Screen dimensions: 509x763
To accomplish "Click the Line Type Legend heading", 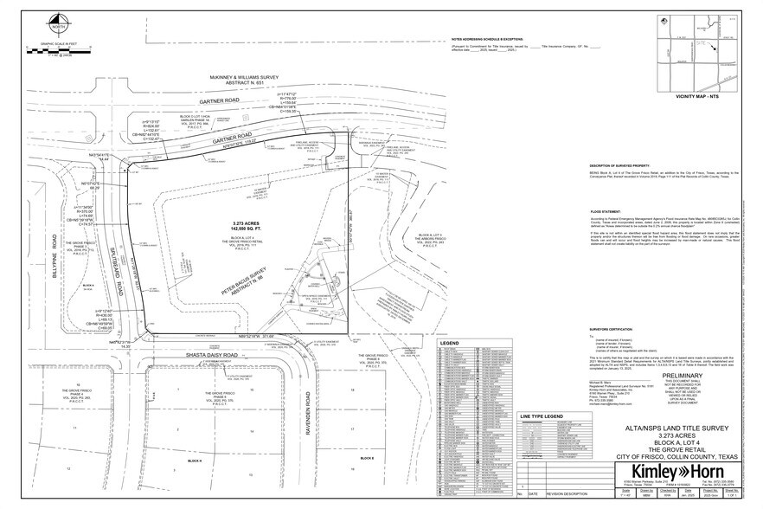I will tap(538, 416).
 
